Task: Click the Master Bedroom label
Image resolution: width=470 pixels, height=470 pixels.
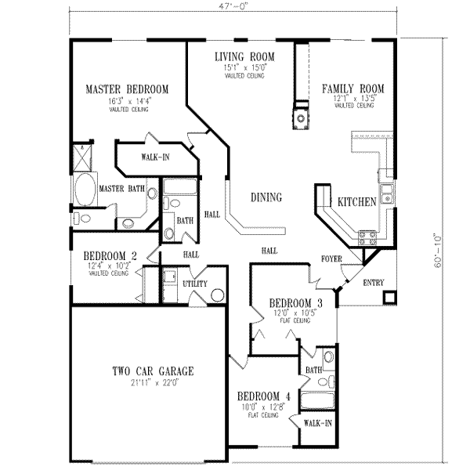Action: (126, 89)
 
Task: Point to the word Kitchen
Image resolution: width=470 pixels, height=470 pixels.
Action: (357, 202)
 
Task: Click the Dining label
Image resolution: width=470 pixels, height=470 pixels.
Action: (266, 197)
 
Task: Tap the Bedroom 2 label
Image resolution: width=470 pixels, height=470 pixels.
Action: (111, 255)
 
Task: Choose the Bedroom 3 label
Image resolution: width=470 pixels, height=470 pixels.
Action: (295, 303)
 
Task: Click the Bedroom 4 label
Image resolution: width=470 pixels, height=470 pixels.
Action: (264, 396)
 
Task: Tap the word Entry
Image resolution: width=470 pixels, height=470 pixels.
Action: (373, 283)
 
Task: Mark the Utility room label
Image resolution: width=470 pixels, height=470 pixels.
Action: (194, 283)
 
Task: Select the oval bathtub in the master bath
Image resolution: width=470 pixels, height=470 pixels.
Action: (84, 189)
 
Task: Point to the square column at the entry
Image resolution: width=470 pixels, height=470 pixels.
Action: (389, 298)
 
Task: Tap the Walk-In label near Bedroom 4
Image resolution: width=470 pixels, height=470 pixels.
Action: (317, 423)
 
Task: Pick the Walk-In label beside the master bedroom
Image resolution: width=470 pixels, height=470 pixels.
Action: (155, 157)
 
